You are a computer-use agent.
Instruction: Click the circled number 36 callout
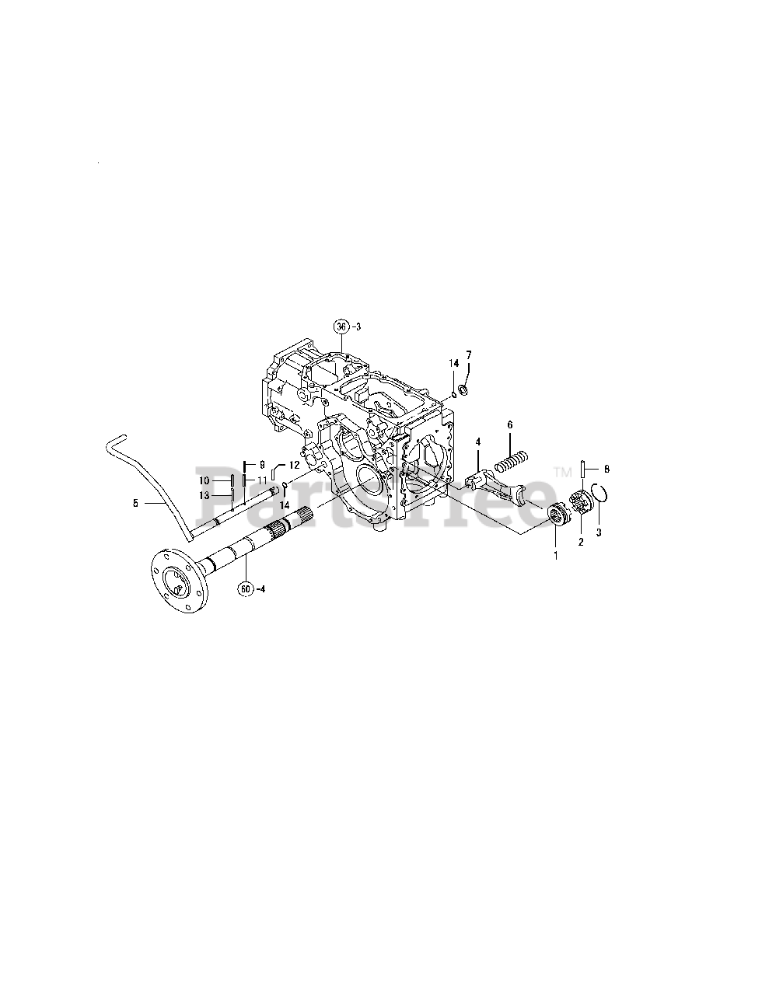click(341, 326)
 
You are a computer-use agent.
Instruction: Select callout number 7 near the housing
click(469, 355)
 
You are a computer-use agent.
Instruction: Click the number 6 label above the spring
click(510, 425)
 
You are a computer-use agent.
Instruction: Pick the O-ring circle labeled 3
click(599, 493)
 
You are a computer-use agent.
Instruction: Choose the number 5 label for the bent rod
click(135, 503)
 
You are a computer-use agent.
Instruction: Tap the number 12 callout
click(294, 465)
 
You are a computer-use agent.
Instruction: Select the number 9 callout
click(263, 464)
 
